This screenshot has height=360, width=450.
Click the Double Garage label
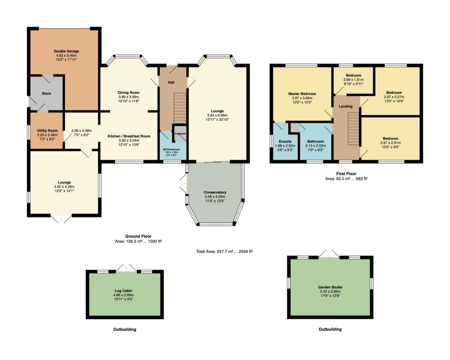(x=66, y=51)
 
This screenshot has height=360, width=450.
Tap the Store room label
(x=46, y=93)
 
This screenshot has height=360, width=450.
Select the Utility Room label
(x=47, y=131)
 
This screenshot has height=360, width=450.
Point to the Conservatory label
(x=215, y=192)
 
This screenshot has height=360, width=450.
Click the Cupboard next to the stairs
(x=180, y=134)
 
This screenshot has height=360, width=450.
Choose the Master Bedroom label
(x=302, y=94)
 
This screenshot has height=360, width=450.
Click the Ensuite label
(x=285, y=141)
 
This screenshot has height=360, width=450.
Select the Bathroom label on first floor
(x=316, y=141)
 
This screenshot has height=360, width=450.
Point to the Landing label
(x=346, y=106)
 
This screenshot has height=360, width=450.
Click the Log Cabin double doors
(x=126, y=268)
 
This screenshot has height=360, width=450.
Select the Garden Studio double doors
(x=329, y=253)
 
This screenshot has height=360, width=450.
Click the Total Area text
(x=224, y=251)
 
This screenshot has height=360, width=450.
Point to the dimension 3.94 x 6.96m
(x=217, y=115)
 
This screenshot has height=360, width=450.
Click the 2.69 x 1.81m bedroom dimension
(x=353, y=80)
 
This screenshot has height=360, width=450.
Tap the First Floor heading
(x=346, y=174)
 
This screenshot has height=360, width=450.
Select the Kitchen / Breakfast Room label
(x=129, y=136)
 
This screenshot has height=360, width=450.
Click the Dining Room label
(x=128, y=93)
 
